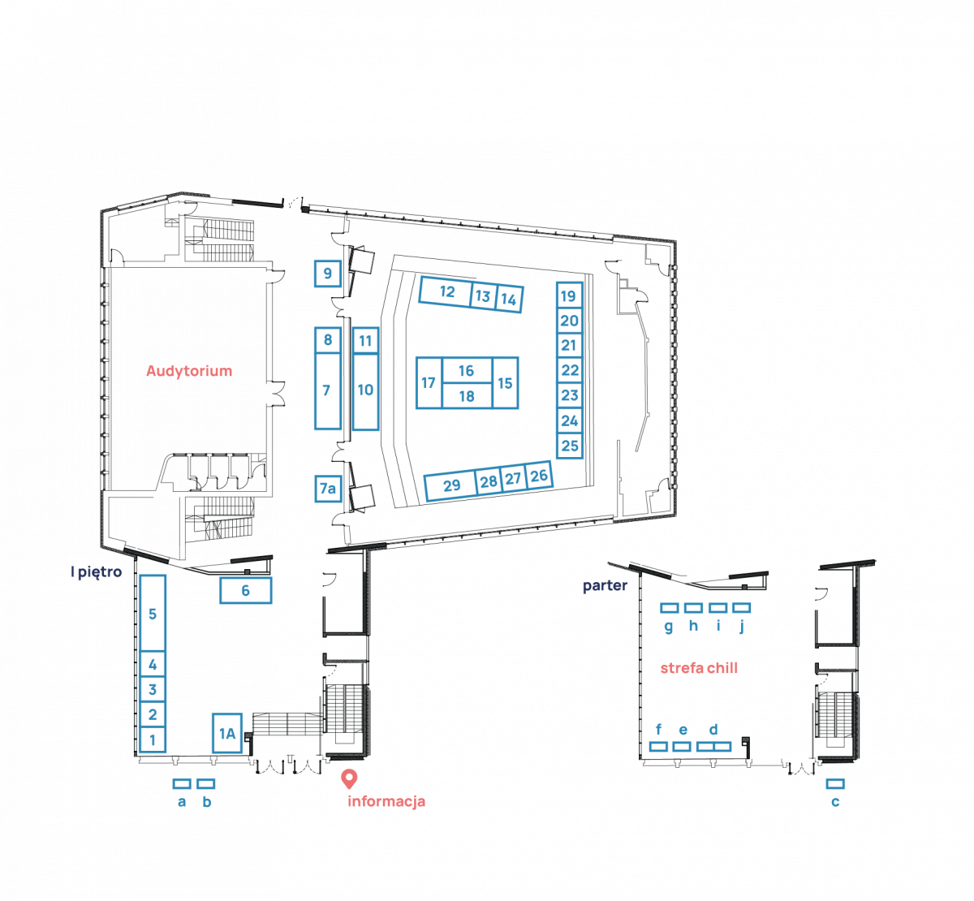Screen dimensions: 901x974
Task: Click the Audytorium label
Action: pyautogui.click(x=189, y=371)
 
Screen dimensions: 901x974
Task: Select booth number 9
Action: pyautogui.click(x=327, y=274)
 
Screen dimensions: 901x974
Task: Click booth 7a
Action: pyautogui.click(x=327, y=489)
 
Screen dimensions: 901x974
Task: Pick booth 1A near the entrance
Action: pyautogui.click(x=226, y=733)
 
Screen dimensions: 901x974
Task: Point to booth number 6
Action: pyautogui.click(x=245, y=591)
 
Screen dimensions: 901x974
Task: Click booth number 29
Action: pyautogui.click(x=451, y=485)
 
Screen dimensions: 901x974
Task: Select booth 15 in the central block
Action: pyautogui.click(x=505, y=382)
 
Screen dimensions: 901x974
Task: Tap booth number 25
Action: pyautogui.click(x=570, y=445)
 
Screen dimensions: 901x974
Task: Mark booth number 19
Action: pyautogui.click(x=568, y=295)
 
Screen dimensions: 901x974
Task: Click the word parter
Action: pyautogui.click(x=605, y=586)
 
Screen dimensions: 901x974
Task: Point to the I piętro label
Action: pyautogui.click(x=97, y=572)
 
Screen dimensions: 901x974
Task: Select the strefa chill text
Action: pyautogui.click(x=699, y=669)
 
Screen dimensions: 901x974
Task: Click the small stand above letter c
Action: pyautogui.click(x=835, y=784)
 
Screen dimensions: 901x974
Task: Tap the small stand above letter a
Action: pyautogui.click(x=182, y=784)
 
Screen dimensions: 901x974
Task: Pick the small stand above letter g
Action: pyautogui.click(x=669, y=607)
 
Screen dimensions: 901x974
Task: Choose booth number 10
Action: pyautogui.click(x=365, y=390)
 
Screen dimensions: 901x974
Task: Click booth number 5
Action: pyautogui.click(x=152, y=614)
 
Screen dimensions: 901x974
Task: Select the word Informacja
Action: pyautogui.click(x=386, y=802)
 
